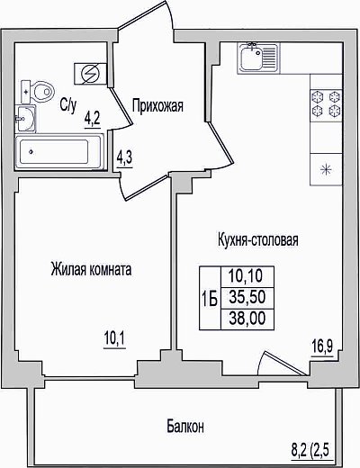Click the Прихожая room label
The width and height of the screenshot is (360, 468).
tap(157, 105)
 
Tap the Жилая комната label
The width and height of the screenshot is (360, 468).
tap(91, 269)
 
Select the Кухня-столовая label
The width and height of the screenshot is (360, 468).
tap(258, 240)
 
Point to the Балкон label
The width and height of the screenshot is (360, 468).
tap(185, 426)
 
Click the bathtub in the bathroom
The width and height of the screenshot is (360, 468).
tap(58, 152)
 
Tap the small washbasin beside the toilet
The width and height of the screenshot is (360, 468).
tap(26, 119)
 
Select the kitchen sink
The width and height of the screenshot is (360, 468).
tap(258, 58)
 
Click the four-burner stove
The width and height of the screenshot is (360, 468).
tap(327, 103)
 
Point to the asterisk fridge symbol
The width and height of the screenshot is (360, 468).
tap(326, 169)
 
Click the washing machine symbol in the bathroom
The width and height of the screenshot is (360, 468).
tap(91, 74)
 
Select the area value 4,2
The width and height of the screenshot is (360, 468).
tap(92, 119)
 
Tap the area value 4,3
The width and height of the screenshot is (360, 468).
tap(124, 158)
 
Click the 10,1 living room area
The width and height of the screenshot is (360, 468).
tap(115, 339)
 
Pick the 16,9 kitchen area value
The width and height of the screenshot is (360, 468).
tap(322, 347)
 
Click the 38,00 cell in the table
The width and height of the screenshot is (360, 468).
tap(247, 319)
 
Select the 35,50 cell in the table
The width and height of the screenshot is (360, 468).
tap(247, 298)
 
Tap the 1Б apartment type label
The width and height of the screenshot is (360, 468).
tap(210, 299)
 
